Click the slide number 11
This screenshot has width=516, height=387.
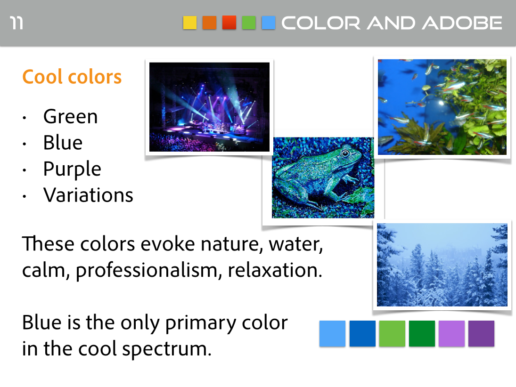coord(16,23)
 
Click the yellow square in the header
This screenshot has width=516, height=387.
coord(190,23)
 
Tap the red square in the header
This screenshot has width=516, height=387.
coord(229,23)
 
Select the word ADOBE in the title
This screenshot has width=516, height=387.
coord(462,23)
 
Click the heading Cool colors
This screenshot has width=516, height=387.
coord(72,77)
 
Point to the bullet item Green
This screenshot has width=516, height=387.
coord(70,116)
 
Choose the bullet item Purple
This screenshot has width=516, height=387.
coord(72,169)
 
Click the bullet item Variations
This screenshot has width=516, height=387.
coord(88,195)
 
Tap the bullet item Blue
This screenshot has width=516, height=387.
coord(63,143)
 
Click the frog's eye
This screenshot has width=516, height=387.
coord(345,153)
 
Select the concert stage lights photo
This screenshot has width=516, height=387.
coord(209,107)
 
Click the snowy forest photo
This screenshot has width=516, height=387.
coord(442,265)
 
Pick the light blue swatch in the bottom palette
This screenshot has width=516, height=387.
coord(332,333)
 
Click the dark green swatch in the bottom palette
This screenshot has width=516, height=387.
coord(422,333)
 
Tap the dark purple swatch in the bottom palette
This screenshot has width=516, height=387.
coord(481,333)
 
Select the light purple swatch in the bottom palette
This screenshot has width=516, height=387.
coord(451,333)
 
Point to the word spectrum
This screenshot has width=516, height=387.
coord(167,349)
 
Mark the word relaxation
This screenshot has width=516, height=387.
coord(275,270)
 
